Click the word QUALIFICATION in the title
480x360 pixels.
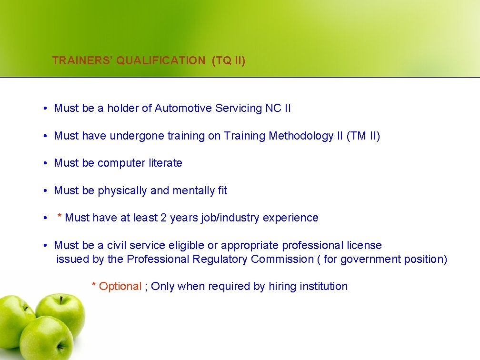point(160,60)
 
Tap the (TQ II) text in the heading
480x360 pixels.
point(229,60)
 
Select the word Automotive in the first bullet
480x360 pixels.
point(183,108)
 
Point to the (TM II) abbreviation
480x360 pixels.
point(363,136)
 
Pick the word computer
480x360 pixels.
point(120,163)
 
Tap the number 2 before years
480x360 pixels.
point(163,218)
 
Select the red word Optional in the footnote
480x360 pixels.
point(120,286)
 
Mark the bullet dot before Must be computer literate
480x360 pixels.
point(43,163)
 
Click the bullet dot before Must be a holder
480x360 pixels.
point(43,109)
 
